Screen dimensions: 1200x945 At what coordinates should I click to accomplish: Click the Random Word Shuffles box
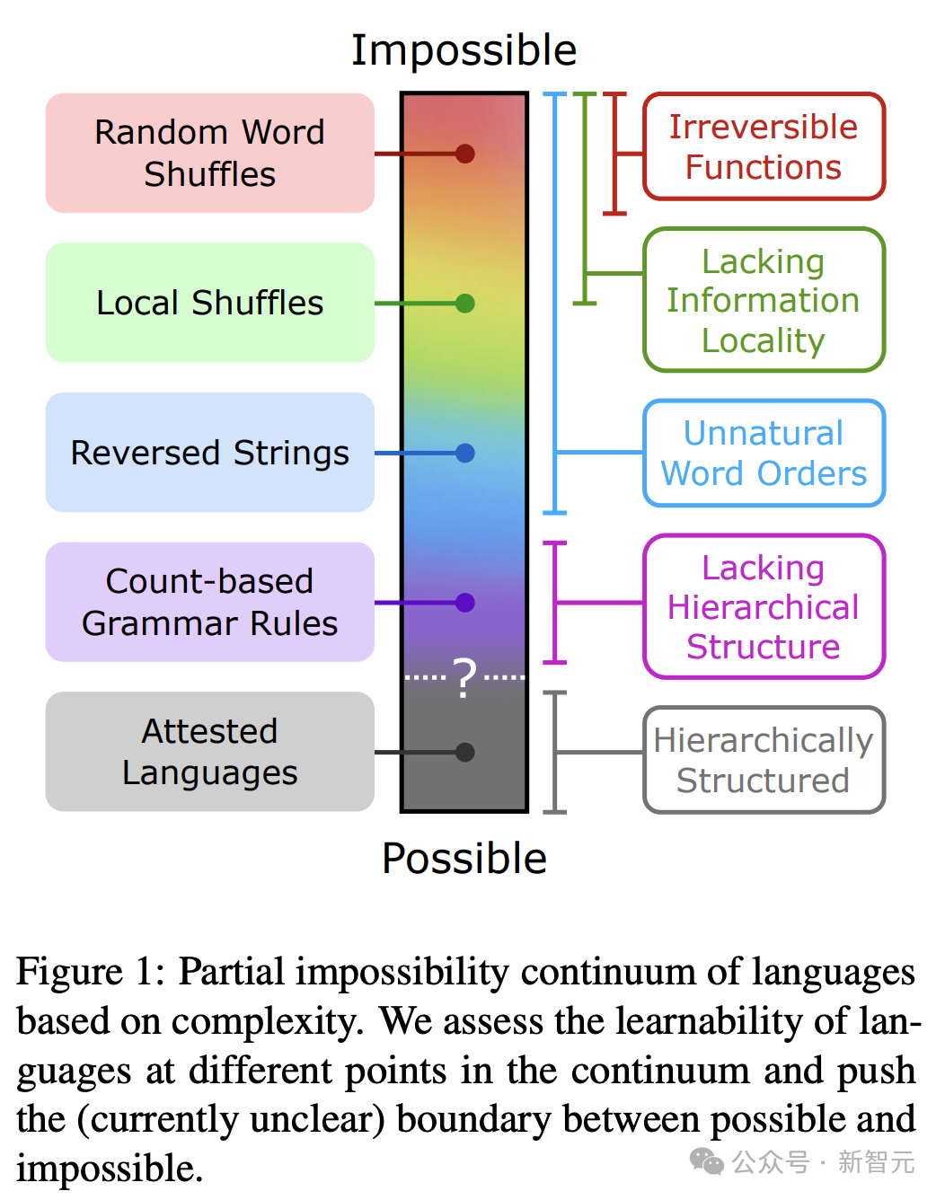click(209, 153)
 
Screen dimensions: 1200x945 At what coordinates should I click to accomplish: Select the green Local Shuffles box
click(209, 303)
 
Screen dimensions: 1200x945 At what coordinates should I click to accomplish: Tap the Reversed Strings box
click(209, 453)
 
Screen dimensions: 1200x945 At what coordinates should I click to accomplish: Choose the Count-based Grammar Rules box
click(209, 602)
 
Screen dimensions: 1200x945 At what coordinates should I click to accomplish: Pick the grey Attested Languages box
click(209, 752)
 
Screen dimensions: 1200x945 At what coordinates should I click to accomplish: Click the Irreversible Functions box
click(764, 146)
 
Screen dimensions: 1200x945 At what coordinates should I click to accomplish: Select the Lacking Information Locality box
click(764, 300)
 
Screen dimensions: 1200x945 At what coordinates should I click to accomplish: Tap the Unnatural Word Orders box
click(764, 453)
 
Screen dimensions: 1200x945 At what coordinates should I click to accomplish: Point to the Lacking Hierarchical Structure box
click(764, 606)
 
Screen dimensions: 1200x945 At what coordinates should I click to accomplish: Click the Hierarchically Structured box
click(764, 760)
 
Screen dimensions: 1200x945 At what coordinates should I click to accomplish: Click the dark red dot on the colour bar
click(464, 154)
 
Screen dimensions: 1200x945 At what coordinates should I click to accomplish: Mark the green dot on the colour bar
click(464, 304)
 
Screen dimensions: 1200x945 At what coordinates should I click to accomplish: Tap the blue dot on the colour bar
click(464, 453)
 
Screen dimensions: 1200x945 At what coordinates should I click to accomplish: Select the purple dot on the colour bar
click(464, 603)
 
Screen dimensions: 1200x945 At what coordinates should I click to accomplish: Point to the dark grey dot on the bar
click(464, 753)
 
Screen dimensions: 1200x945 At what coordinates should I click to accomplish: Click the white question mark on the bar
click(464, 677)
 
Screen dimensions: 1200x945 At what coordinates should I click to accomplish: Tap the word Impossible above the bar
click(464, 50)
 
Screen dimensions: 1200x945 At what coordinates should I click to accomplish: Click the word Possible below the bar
click(464, 859)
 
